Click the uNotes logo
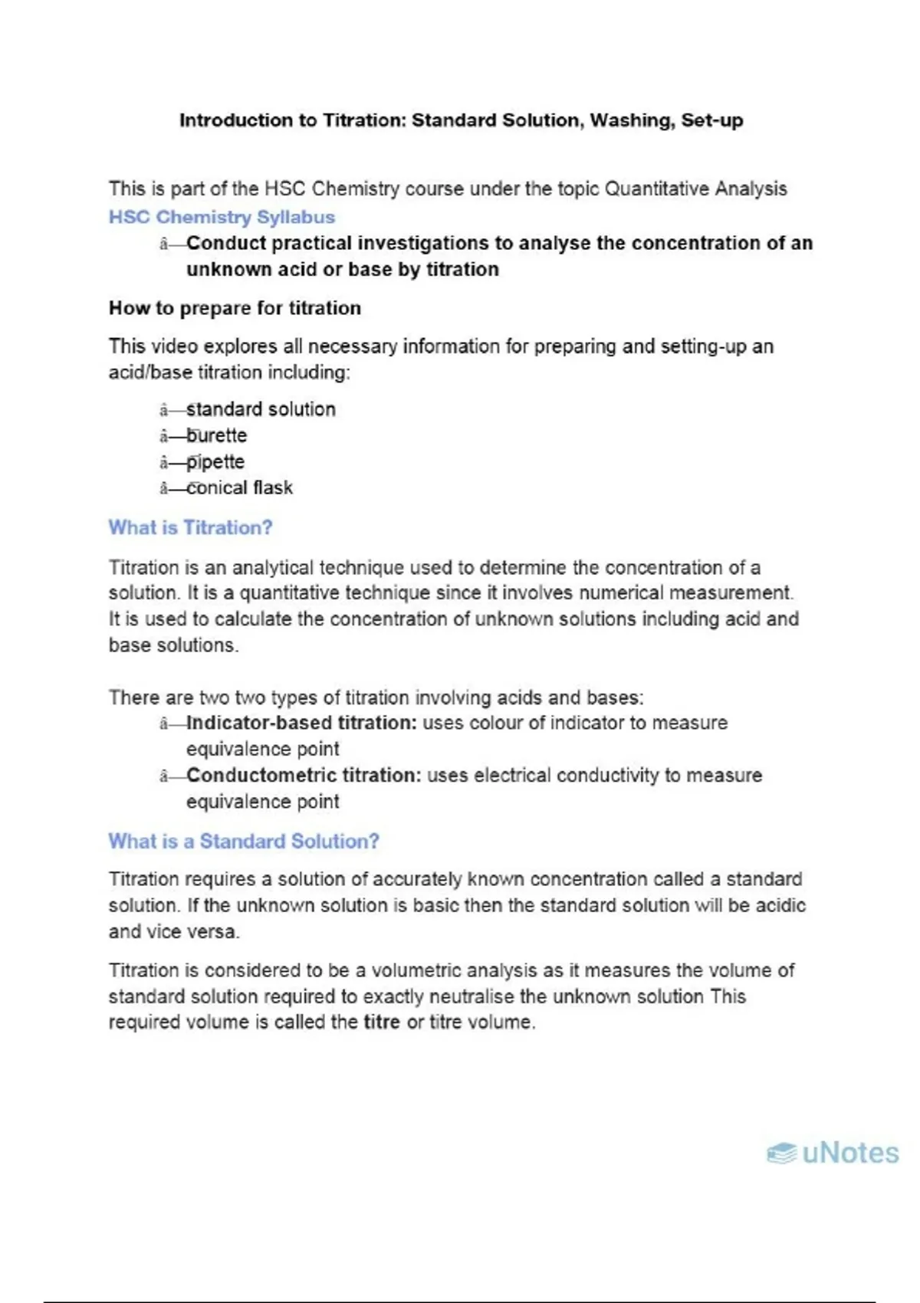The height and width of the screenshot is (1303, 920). (x=833, y=1153)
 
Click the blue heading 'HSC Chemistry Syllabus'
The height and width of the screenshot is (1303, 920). (x=222, y=217)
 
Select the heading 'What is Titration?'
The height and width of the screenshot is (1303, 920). (x=190, y=527)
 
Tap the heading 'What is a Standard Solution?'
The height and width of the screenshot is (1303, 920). (x=244, y=841)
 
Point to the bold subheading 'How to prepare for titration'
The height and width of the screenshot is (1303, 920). (x=235, y=308)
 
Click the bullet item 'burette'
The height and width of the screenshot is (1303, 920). (x=217, y=435)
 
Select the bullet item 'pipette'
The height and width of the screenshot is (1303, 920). (x=215, y=461)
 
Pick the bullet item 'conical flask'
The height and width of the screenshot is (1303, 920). (x=239, y=487)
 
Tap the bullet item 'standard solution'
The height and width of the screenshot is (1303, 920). (x=261, y=409)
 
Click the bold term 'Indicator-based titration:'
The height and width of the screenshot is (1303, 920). (x=302, y=723)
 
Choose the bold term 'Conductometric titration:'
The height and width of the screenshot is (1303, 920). (x=304, y=775)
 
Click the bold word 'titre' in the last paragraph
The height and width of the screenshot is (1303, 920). (x=381, y=1022)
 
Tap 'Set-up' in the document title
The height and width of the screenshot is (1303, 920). (x=712, y=120)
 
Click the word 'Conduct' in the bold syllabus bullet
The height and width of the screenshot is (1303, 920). (x=226, y=243)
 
